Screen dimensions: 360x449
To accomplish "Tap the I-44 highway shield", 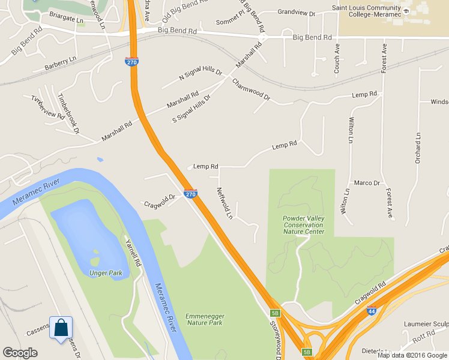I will [372, 311].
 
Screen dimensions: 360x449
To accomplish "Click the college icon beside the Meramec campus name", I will [407, 12].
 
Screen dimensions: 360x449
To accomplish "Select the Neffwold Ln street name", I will [224, 202].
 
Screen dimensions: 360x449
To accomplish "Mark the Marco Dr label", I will [367, 183].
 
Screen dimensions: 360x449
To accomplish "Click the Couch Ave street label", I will [337, 58].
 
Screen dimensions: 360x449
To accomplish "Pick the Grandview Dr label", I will [297, 12].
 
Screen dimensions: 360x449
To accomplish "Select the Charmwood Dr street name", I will [251, 89].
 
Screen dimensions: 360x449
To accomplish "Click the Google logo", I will [20, 353].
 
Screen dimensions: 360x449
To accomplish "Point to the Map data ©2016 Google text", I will [412, 355].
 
